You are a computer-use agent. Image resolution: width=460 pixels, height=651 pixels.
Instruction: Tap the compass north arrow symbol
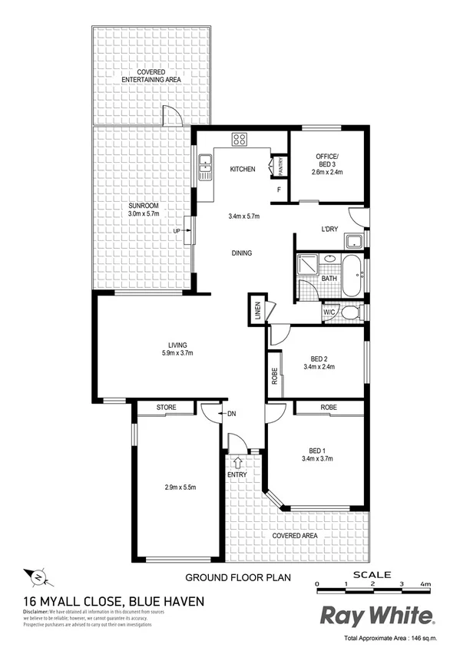click(39, 576)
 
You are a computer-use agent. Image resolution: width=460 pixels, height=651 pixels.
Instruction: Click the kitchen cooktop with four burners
click(240, 140)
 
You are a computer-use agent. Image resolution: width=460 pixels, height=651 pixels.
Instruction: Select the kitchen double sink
click(205, 167)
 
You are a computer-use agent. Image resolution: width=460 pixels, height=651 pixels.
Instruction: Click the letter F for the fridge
click(278, 189)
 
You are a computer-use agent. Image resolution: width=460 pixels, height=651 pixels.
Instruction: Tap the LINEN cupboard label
click(258, 310)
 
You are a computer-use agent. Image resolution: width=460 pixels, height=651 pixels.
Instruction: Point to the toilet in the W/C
click(350, 312)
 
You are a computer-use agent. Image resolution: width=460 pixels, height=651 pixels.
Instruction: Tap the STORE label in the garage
click(166, 407)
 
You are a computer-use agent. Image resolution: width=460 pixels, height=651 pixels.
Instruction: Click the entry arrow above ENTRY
click(237, 462)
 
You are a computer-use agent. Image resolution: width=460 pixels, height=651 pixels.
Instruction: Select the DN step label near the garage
click(232, 415)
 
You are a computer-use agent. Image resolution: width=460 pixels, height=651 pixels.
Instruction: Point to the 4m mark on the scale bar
click(424, 585)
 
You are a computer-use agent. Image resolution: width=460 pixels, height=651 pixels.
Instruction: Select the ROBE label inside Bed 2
click(273, 375)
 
